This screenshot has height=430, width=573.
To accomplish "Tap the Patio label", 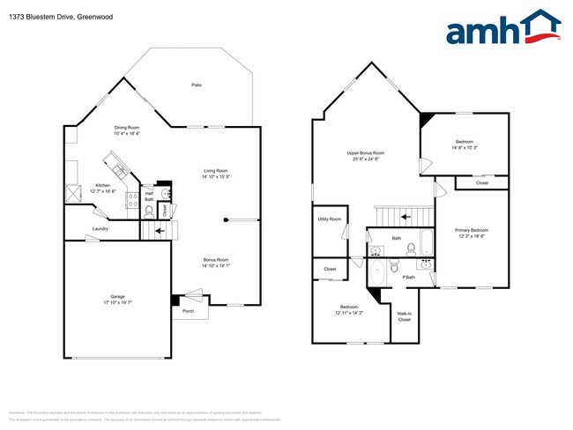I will (197, 85).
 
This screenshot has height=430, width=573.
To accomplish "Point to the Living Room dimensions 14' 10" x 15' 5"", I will (216, 177).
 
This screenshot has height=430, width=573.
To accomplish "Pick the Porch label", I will (189, 310).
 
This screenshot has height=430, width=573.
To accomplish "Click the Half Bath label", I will (149, 196).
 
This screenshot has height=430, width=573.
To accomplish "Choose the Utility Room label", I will (329, 219).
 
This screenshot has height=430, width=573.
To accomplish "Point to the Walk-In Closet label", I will (404, 316).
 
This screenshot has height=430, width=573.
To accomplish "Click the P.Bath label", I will (409, 278).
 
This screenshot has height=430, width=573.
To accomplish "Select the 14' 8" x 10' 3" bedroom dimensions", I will (465, 148).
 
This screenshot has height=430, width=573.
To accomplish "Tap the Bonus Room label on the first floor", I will (216, 260).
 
